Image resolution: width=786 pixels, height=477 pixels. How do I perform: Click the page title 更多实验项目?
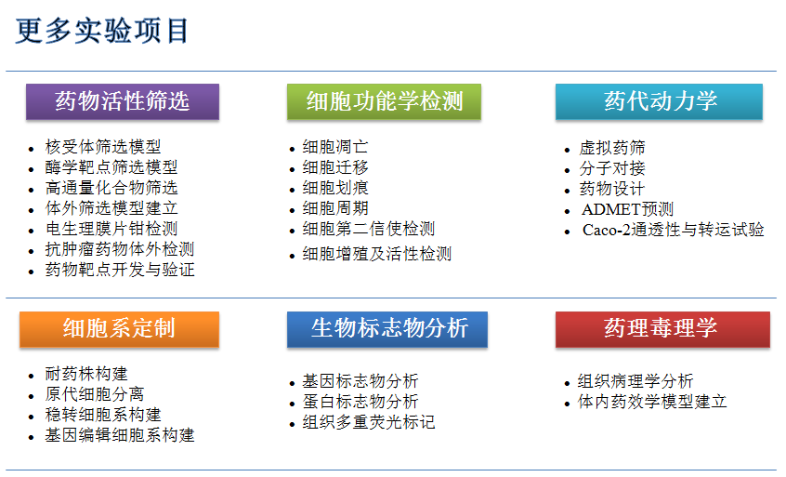pyautogui.click(x=102, y=31)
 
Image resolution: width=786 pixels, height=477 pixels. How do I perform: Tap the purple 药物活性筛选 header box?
pyautogui.click(x=123, y=101)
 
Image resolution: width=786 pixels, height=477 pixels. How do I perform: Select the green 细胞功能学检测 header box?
pyautogui.click(x=384, y=101)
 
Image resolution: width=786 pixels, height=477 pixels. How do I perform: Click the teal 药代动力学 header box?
pyautogui.click(x=659, y=101)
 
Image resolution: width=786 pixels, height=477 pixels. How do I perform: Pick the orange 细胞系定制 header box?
pyautogui.click(x=119, y=329)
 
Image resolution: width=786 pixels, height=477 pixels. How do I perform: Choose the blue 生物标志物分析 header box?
pyautogui.click(x=387, y=329)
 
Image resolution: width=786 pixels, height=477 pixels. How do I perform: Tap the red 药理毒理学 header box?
pyautogui.click(x=662, y=329)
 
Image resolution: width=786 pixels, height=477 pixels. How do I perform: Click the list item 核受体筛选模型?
pyautogui.click(x=103, y=147)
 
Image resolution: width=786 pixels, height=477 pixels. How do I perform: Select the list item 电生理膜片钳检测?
pyautogui.click(x=111, y=229)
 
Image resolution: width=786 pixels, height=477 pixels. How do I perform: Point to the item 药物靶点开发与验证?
pyautogui.click(x=120, y=270)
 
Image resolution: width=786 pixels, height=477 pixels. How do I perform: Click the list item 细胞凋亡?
pyautogui.click(x=335, y=147)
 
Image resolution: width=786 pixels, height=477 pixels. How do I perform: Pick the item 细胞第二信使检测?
pyautogui.click(x=369, y=229)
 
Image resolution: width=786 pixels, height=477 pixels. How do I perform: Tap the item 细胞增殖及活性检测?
pyautogui.click(x=377, y=254)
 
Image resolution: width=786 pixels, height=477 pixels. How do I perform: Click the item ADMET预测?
pyautogui.click(x=628, y=209)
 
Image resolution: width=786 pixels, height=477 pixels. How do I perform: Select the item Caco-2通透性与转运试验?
pyautogui.click(x=673, y=230)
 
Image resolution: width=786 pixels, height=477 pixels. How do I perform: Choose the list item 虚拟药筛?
pyautogui.click(x=612, y=148)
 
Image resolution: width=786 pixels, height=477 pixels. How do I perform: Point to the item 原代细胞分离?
pyautogui.click(x=95, y=394)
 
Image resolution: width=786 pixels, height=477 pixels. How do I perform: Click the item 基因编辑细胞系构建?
pyautogui.click(x=120, y=435)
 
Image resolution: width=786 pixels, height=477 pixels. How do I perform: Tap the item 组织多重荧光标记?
pyautogui.click(x=369, y=422)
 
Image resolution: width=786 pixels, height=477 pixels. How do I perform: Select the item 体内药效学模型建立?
pyautogui.click(x=652, y=402)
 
